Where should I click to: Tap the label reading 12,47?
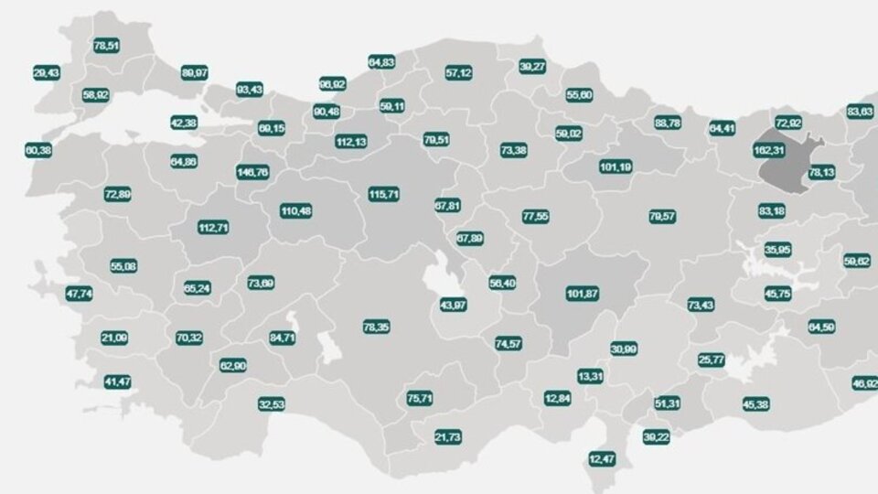click(x=602, y=457)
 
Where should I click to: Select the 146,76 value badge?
click(x=252, y=172)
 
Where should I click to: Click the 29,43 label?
click(x=46, y=72)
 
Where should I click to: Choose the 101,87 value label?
click(x=583, y=294)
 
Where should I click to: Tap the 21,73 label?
click(x=448, y=438)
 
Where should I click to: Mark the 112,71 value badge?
click(x=214, y=227)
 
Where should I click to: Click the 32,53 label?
click(x=272, y=403)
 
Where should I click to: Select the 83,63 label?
click(x=860, y=111)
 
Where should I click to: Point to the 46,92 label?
click(x=863, y=383)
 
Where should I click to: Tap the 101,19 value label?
click(x=616, y=167)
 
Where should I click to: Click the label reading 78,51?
click(x=106, y=44)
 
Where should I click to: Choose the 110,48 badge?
click(x=296, y=211)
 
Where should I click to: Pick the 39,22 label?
click(x=656, y=437)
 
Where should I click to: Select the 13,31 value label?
click(x=590, y=376)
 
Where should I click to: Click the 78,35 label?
click(x=376, y=327)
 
